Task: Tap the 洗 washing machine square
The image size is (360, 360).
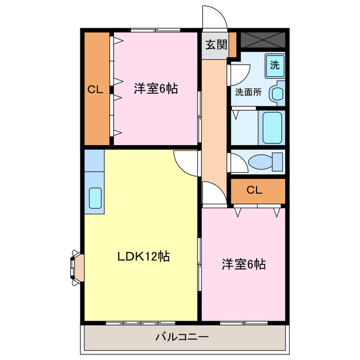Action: coord(274,64)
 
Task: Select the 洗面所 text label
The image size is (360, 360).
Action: coord(248,92)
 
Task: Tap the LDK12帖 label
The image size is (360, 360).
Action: coord(143,256)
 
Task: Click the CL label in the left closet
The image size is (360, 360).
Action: coord(94,89)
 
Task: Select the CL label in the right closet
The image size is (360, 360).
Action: coord(254,190)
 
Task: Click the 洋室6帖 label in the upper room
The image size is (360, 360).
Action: coord(156,89)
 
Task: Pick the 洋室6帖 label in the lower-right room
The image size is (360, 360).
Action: coord(243,264)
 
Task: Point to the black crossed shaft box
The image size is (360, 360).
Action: coord(263,40)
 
